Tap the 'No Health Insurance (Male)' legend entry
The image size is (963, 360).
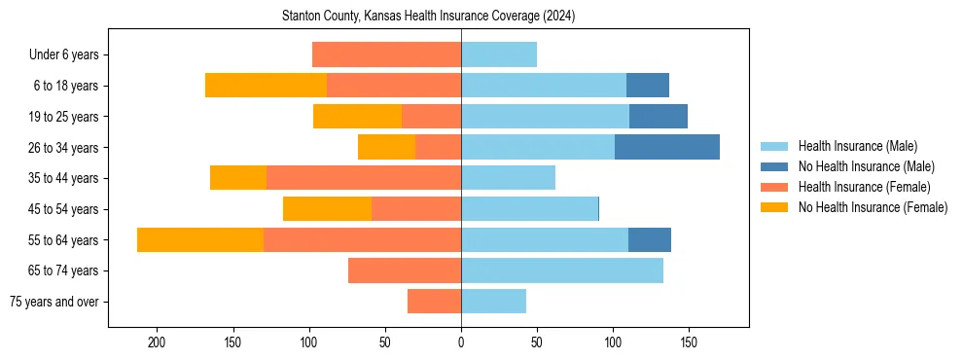click(866, 166)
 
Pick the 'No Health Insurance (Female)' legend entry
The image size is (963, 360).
click(873, 207)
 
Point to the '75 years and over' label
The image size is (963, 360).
click(54, 302)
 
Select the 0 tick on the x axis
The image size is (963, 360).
click(461, 342)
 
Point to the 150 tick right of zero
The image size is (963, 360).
click(689, 342)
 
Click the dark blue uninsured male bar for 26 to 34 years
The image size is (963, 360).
click(667, 147)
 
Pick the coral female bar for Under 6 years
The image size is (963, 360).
click(386, 54)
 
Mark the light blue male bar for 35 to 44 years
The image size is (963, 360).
click(508, 178)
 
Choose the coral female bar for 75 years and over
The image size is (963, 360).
click(434, 302)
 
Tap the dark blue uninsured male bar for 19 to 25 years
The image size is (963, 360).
click(659, 117)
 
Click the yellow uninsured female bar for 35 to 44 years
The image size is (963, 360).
click(238, 178)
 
